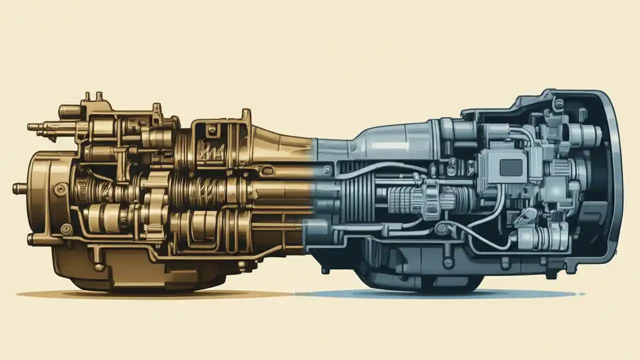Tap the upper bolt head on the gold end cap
61,188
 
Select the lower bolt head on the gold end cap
65,229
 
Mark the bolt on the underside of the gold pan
99,267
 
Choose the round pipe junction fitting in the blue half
440,229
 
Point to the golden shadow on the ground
150,294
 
